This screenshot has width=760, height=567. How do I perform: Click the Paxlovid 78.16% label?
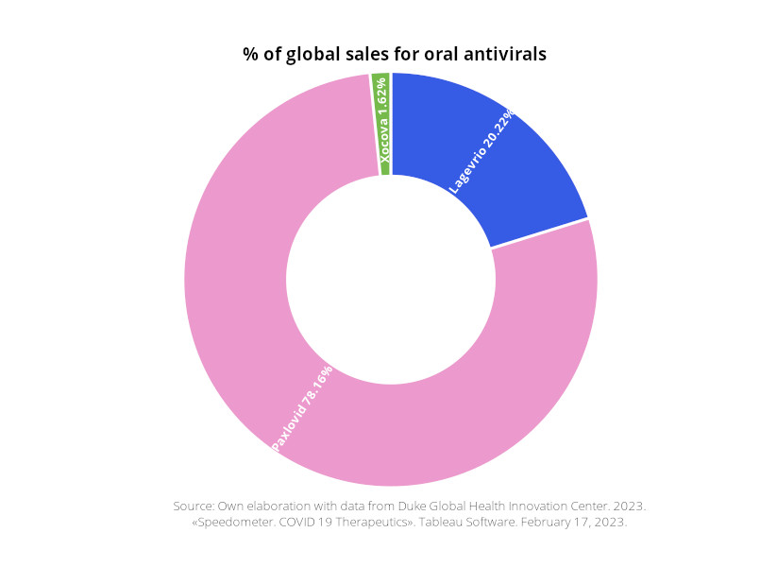click(301, 407)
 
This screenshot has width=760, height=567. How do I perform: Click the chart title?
click(394, 54)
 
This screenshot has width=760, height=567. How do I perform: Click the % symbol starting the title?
click(250, 54)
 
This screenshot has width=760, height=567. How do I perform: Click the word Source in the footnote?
click(194, 506)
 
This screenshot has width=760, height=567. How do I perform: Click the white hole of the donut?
click(390, 279)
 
